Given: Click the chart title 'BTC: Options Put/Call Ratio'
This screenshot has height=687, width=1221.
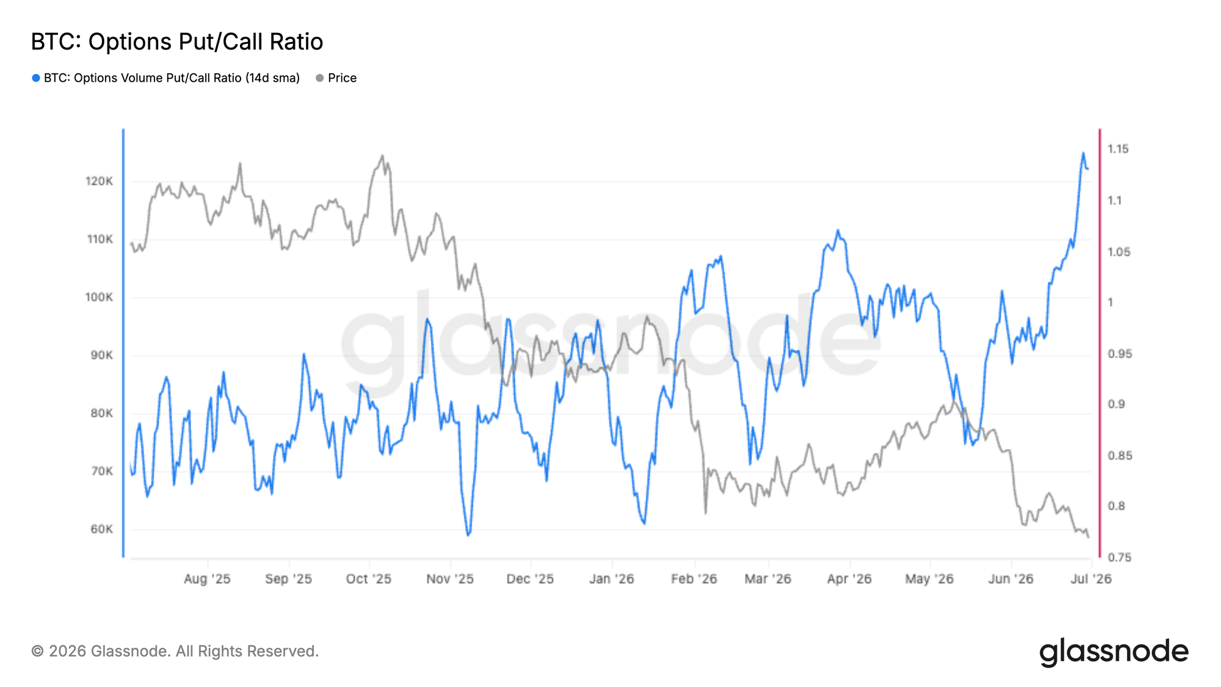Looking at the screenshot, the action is [x=177, y=42].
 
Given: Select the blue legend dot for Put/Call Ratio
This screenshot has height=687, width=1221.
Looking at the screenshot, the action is [x=36, y=78].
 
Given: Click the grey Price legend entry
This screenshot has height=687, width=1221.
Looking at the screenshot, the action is [x=336, y=78].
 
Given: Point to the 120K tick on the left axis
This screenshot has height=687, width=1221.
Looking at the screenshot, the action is [x=99, y=181].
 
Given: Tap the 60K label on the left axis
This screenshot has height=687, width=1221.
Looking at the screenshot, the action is [x=101, y=529].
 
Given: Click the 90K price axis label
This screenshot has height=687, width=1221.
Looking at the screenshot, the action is [x=101, y=355].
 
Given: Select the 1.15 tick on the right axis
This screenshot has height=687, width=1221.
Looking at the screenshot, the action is [x=1118, y=149].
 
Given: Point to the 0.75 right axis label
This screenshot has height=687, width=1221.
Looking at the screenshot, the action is [x=1120, y=558].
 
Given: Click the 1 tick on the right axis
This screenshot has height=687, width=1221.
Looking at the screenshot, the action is [x=1110, y=302].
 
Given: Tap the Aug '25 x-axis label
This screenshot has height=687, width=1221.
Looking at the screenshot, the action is [x=207, y=579].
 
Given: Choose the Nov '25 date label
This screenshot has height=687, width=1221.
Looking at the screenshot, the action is [x=450, y=579].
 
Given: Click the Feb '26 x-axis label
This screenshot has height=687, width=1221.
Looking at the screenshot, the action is [x=694, y=579].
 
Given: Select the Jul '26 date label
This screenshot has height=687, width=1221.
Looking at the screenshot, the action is [x=1091, y=579].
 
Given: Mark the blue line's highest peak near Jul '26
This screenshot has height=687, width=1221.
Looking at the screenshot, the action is [x=1083, y=153].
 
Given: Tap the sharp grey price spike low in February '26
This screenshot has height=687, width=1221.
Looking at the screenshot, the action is [x=706, y=513].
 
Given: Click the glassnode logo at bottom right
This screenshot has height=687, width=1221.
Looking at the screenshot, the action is [x=1114, y=652].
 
